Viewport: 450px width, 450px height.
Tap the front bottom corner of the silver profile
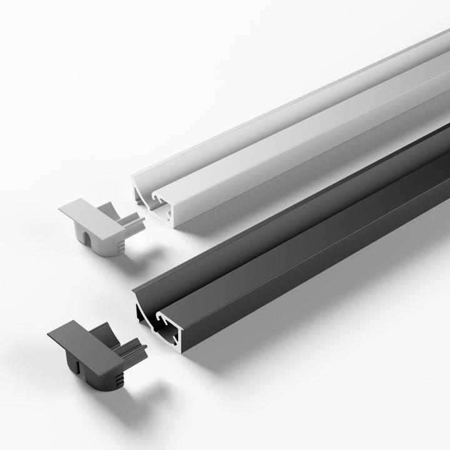176,226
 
